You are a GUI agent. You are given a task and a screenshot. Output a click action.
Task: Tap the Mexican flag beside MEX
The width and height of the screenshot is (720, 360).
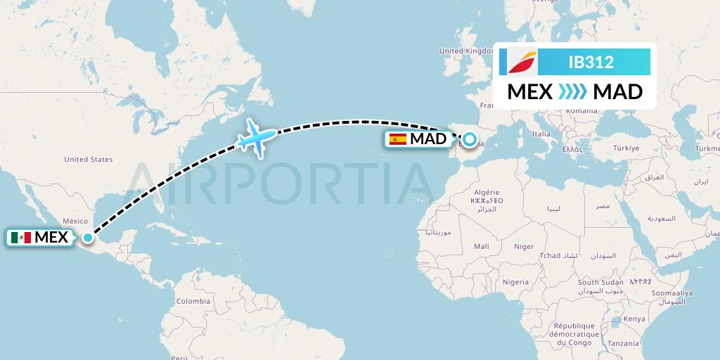[x=22, y=238]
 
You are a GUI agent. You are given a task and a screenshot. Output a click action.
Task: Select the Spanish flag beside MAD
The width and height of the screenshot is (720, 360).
[x=398, y=139]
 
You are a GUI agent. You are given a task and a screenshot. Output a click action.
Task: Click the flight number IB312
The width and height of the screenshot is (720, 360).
[x=591, y=63]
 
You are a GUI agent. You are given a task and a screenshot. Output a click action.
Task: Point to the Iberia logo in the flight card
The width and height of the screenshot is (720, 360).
[x=522, y=62]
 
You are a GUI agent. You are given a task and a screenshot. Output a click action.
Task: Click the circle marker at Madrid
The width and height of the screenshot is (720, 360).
[x=469, y=139]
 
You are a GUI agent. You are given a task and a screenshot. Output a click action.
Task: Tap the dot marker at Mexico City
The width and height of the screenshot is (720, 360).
[x=86, y=238]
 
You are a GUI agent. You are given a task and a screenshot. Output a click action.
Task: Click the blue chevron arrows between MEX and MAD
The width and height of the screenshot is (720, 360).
[x=572, y=92]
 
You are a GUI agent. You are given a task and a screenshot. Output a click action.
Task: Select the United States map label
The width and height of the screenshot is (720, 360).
[x=88, y=160]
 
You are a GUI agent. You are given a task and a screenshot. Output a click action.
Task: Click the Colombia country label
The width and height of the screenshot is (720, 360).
[x=193, y=301]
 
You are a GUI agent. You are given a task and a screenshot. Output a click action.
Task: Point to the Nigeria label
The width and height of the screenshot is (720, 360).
[x=515, y=282]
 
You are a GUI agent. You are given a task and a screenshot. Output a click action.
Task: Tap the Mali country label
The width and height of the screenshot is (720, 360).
[x=482, y=247]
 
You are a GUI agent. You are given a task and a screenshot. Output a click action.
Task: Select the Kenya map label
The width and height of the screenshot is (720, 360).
[x=634, y=319]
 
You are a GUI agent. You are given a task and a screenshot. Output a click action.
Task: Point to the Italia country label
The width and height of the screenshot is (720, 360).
[x=541, y=134]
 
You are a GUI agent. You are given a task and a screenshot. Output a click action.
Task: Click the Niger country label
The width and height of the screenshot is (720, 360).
[x=524, y=247]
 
